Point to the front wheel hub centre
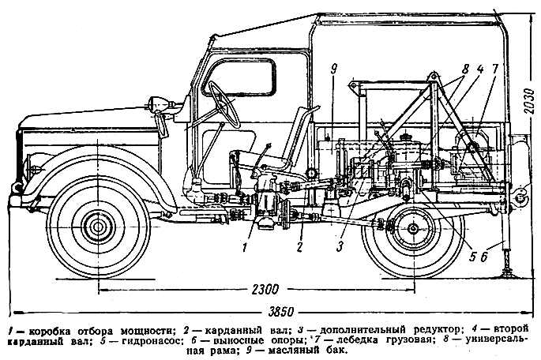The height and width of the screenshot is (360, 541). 98,226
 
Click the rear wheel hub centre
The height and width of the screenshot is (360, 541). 413,229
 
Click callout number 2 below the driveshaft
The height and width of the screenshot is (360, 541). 300,248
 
